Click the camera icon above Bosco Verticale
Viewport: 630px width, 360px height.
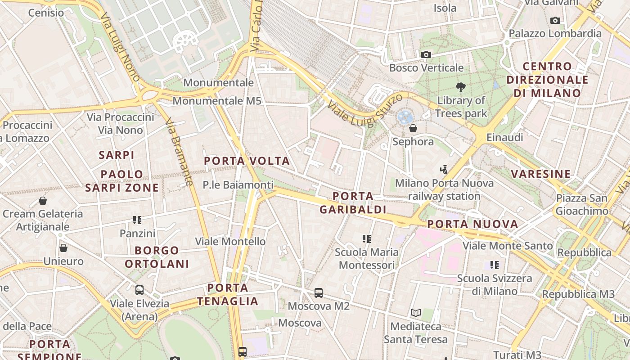426,55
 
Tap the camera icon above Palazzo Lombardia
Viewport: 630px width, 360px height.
555,20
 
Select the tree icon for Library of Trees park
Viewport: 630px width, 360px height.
460,87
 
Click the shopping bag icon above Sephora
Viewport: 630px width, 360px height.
413,129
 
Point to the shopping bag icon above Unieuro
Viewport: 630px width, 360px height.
63,248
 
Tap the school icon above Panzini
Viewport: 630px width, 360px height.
137,220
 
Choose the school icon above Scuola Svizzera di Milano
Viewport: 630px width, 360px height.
495,265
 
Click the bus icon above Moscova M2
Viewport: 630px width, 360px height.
319,293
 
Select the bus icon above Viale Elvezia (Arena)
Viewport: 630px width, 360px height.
139,290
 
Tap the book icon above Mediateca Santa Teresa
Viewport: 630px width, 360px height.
416,313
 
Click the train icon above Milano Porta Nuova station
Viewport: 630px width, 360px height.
444,170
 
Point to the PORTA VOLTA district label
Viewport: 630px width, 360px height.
247,161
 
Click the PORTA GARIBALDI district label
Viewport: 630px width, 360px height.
353,202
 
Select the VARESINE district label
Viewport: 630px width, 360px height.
540,174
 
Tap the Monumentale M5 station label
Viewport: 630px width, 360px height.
217,101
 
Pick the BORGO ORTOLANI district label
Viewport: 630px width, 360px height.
157,257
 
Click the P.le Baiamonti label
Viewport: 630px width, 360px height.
238,184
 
